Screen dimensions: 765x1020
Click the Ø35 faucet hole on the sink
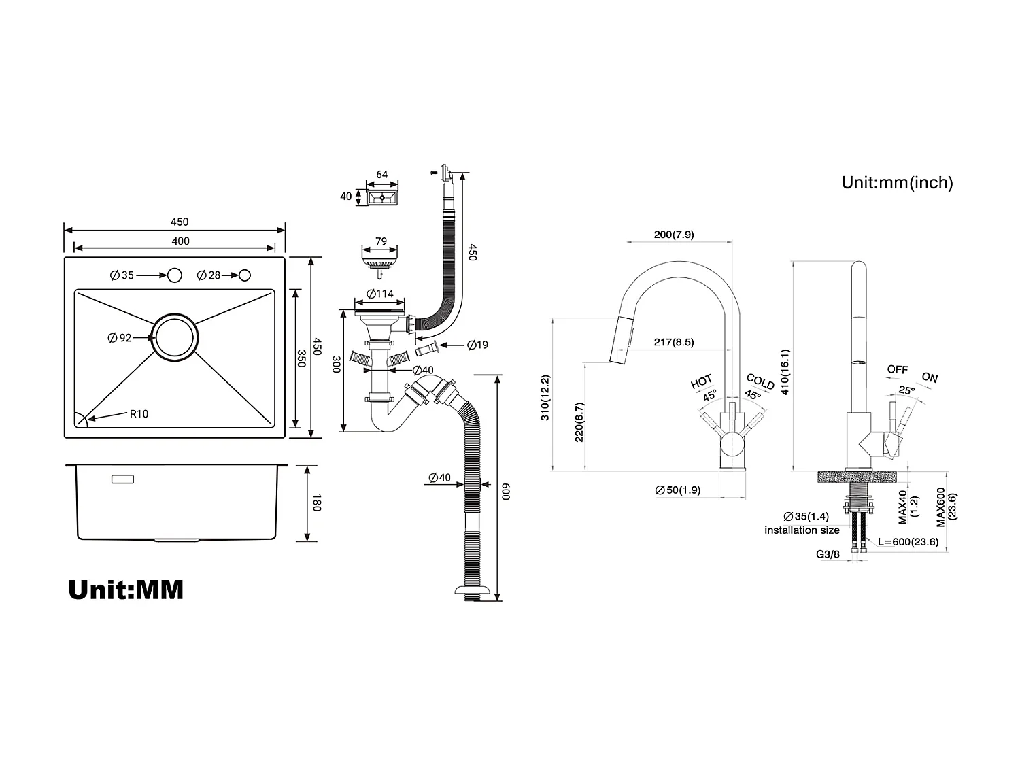(175, 275)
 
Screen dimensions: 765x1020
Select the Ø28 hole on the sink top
(245, 275)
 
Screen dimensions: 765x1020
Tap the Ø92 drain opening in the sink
(175, 337)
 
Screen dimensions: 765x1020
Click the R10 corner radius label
(139, 414)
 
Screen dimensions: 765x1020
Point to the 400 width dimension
(181, 241)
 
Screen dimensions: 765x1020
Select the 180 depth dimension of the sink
(316, 503)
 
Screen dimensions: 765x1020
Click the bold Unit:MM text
(126, 590)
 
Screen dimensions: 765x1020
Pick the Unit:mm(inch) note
(897, 183)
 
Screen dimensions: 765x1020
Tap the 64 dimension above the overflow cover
(382, 175)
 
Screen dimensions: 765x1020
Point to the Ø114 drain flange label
(380, 294)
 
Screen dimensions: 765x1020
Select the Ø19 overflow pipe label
(477, 345)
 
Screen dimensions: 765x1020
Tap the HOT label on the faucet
(701, 381)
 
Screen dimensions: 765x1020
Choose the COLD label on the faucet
(760, 381)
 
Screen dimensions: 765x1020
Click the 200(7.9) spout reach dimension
(673, 235)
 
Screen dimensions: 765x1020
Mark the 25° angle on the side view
(906, 391)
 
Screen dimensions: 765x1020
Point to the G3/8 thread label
(828, 554)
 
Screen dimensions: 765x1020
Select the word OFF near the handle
(897, 370)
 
